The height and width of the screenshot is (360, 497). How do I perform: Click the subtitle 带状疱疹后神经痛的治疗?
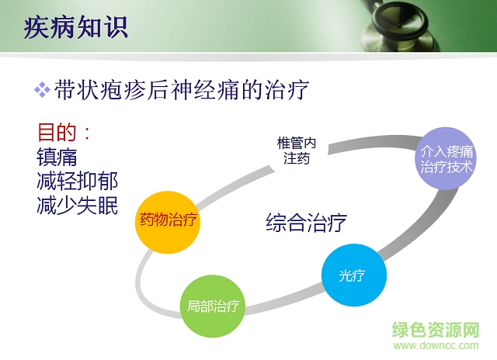click(x=182, y=89)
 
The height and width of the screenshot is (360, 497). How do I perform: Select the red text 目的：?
click(x=65, y=131)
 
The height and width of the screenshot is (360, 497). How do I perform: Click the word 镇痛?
click(x=57, y=157)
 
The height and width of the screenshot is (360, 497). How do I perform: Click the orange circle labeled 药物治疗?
click(x=169, y=220)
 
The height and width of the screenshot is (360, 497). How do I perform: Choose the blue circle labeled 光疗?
click(x=351, y=275)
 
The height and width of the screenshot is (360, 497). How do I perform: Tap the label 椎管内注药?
click(x=297, y=151)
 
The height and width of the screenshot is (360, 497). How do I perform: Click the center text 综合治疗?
click(x=306, y=223)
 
